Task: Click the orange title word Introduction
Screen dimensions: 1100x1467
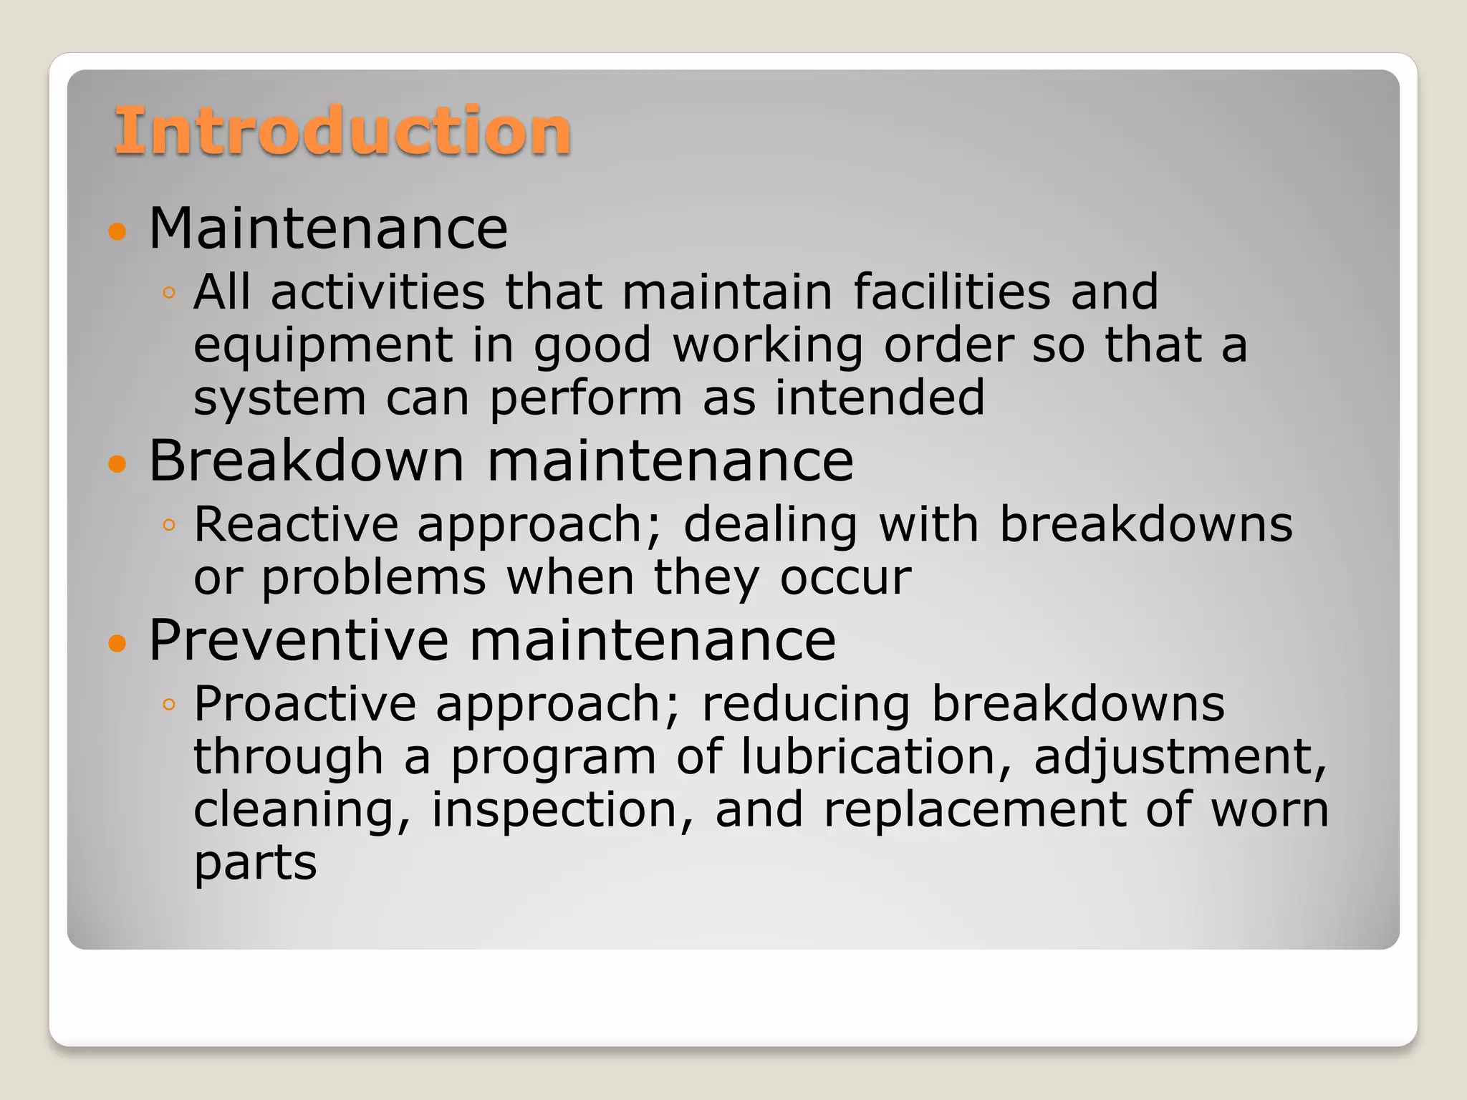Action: pyautogui.click(x=342, y=130)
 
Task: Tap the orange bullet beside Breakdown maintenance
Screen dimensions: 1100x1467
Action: pyautogui.click(x=117, y=464)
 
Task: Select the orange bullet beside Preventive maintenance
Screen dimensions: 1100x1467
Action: pyautogui.click(x=117, y=643)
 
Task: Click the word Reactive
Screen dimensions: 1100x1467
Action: pyautogui.click(x=295, y=524)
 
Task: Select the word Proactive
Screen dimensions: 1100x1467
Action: pyautogui.click(x=304, y=703)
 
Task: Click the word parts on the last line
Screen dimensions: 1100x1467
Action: pyautogui.click(x=255, y=864)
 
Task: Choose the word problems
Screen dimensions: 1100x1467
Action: pyautogui.click(x=373, y=577)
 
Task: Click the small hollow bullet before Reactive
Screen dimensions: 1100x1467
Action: pyautogui.click(x=169, y=526)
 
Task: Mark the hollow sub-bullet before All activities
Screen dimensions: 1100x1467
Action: pyautogui.click(x=169, y=293)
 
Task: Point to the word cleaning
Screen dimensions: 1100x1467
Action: pyautogui.click(x=302, y=811)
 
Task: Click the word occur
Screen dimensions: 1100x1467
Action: pyautogui.click(x=845, y=577)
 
